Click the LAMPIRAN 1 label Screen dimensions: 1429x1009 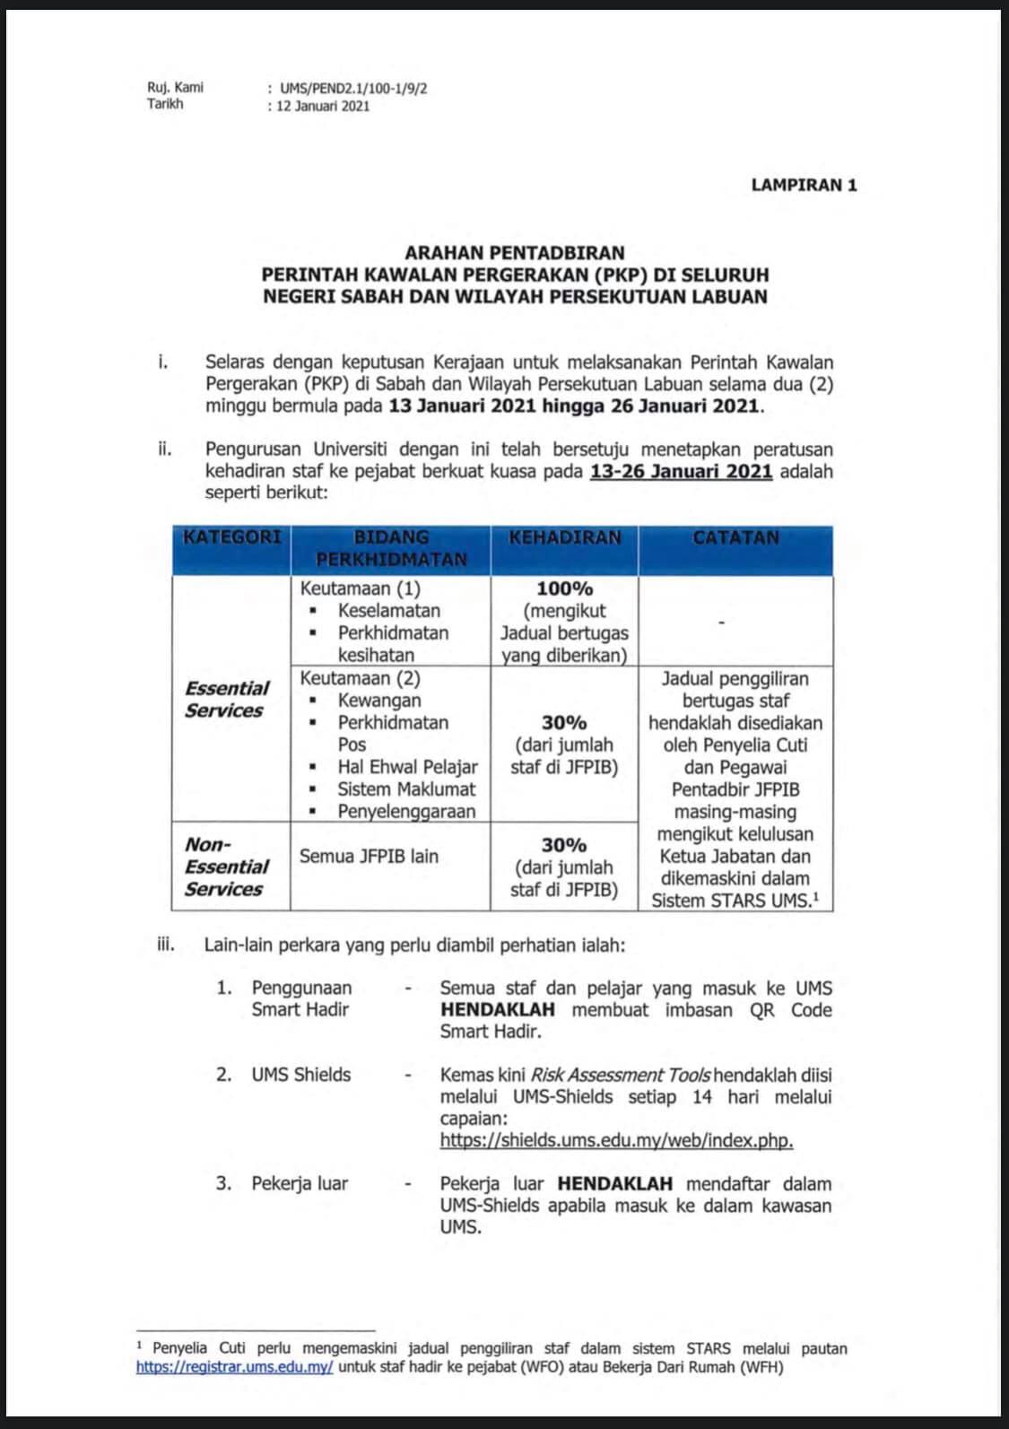pyautogui.click(x=804, y=186)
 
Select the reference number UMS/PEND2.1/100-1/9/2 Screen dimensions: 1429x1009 pyautogui.click(x=353, y=89)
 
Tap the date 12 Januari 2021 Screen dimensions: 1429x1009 pyautogui.click(x=323, y=106)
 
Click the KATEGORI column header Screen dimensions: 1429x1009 pyautogui.click(x=231, y=537)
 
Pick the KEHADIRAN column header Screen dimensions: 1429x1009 pyautogui.click(x=564, y=537)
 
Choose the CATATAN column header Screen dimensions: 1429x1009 pyautogui.click(x=735, y=537)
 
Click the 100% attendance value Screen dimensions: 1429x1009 pyautogui.click(x=564, y=589)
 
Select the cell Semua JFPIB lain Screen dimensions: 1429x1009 pyautogui.click(x=369, y=857)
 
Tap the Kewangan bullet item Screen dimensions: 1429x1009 pyautogui.click(x=379, y=701)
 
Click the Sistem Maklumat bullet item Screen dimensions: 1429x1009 pyautogui.click(x=406, y=789)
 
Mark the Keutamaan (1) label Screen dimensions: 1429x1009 pyautogui.click(x=361, y=589)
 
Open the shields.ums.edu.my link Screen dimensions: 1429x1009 pyautogui.click(x=616, y=1140)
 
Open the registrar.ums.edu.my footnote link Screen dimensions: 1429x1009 pyautogui.click(x=235, y=1368)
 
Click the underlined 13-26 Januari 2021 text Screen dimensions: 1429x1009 pyautogui.click(x=681, y=472)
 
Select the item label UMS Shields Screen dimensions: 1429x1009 pyautogui.click(x=300, y=1075)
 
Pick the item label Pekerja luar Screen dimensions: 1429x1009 pyautogui.click(x=300, y=1183)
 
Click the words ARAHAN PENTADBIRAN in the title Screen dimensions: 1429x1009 pyautogui.click(x=514, y=253)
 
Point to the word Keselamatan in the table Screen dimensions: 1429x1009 pyautogui.click(x=388, y=611)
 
